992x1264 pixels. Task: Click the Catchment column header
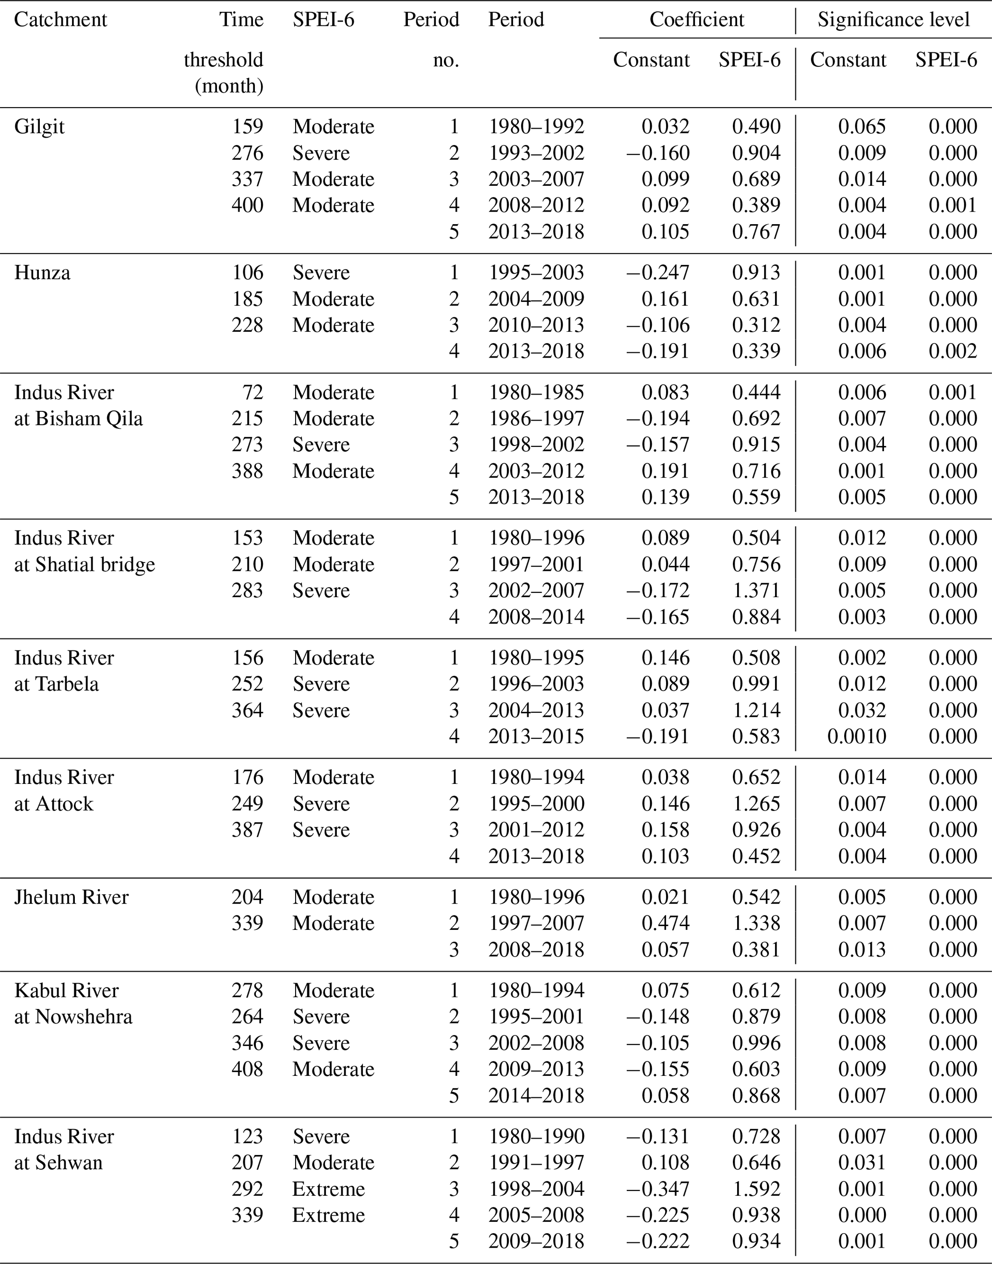pos(60,20)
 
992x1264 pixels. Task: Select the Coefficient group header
pos(696,20)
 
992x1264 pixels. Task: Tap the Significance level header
pos(893,20)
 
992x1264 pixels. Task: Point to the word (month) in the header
pos(229,86)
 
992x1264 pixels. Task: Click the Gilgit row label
pos(39,127)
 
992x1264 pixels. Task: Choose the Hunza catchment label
pos(42,272)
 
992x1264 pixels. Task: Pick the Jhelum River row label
pos(71,897)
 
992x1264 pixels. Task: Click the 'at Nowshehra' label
pos(73,1017)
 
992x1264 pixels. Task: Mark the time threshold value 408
pos(248,1069)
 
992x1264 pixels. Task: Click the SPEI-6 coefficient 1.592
pos(756,1189)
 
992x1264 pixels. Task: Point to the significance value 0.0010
pos(857,736)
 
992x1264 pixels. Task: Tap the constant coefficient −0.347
pos(657,1189)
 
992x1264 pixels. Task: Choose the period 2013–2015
pos(536,736)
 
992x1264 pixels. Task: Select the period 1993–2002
pos(536,153)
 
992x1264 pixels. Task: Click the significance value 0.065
pos(862,127)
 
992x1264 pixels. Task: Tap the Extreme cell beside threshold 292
pos(328,1189)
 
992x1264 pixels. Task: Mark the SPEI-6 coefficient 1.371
pos(756,590)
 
